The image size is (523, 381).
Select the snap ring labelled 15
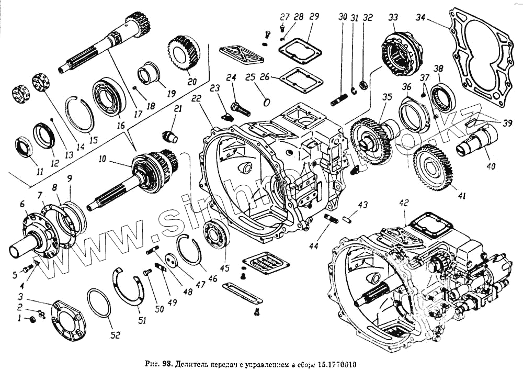pyautogui.click(x=79, y=115)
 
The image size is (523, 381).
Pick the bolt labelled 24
pyautogui.click(x=239, y=108)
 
